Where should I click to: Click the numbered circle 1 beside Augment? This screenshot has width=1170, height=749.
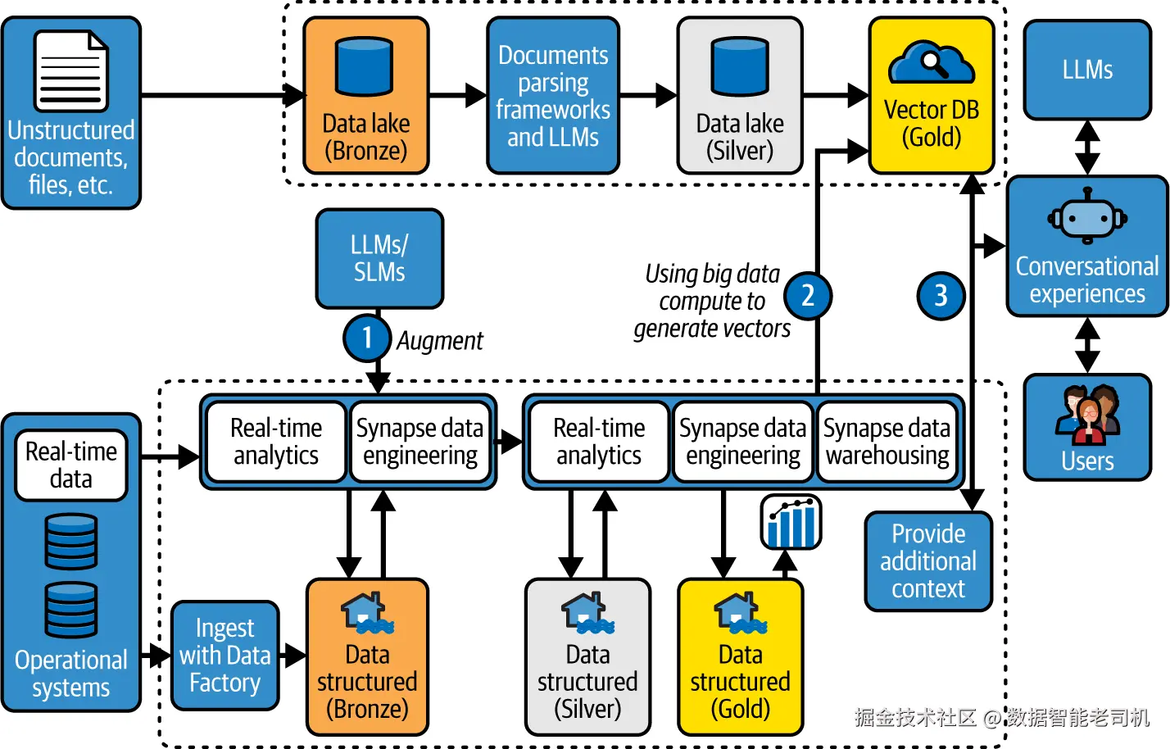pos(366,338)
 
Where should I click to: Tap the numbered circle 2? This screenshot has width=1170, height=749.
pos(807,296)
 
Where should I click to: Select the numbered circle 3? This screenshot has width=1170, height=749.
pos(940,296)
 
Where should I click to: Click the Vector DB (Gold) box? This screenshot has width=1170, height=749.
pos(932,96)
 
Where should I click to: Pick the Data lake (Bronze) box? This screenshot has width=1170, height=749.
pos(365,96)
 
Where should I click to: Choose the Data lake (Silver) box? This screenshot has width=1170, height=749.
pos(739,96)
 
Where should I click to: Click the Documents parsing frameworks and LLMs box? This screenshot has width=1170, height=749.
pos(553,96)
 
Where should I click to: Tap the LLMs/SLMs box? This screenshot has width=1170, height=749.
pos(379,259)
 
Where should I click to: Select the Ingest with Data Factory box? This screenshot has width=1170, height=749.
pos(225,655)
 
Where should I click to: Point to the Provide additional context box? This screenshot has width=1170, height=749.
pos(928,561)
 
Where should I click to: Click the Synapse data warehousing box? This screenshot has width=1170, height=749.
pos(887,442)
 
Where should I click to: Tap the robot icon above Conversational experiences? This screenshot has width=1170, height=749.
pos(1087,217)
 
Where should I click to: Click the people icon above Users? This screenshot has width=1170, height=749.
pos(1087,412)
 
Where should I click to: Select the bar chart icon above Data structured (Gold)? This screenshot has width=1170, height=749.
pos(791,522)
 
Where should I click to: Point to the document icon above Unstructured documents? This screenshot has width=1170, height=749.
pos(71,70)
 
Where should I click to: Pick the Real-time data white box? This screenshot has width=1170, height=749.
pos(71,465)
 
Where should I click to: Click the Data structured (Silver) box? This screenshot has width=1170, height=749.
pos(587,656)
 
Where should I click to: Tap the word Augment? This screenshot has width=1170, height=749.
pos(440,341)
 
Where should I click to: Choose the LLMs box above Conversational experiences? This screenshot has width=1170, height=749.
pos(1087,70)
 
